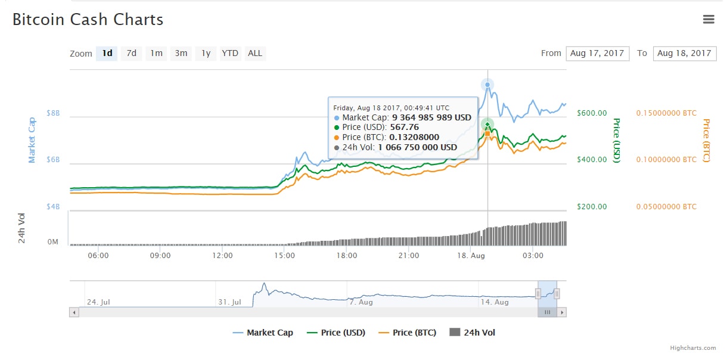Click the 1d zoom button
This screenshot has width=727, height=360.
pos(107,53)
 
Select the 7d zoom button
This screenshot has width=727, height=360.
pos(132,53)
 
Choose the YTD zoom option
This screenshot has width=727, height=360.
pos(230,53)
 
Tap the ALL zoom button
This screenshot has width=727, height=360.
pos(255,53)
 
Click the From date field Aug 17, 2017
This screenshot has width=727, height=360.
pos(597,53)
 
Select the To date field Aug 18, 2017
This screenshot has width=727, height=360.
pos(684,53)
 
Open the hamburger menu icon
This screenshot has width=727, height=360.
pos(709,19)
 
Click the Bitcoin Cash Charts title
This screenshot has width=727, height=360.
pos(88,20)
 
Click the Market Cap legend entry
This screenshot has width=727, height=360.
pos(263,333)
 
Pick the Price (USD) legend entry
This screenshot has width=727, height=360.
pos(336,333)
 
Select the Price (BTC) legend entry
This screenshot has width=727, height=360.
pos(408,333)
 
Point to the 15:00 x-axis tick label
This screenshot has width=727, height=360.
pos(284,256)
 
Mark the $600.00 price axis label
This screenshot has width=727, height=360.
pos(592,113)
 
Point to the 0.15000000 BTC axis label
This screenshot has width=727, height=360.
pos(666,113)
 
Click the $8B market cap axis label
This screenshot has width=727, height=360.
pos(54,113)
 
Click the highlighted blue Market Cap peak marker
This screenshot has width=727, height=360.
pos(487,85)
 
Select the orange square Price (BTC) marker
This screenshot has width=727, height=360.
pos(487,133)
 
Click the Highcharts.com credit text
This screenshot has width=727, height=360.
pos(693,347)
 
